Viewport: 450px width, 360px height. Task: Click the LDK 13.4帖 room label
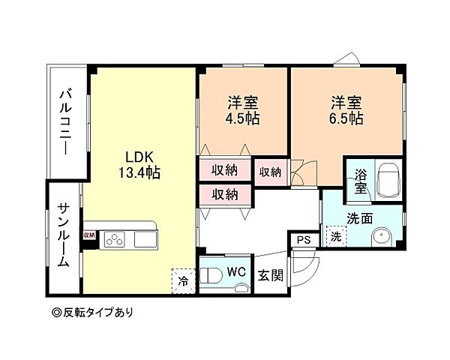[x=141, y=164]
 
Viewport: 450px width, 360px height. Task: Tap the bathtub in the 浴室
[x=388, y=181]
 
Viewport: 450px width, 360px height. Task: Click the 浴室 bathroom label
[x=361, y=182]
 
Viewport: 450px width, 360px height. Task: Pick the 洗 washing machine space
[x=336, y=237]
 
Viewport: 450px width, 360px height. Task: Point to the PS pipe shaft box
[x=303, y=241]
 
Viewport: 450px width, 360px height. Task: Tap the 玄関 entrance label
[x=271, y=275]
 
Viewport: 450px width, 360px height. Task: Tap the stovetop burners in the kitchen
[x=116, y=240]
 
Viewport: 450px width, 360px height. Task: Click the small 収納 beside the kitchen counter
[x=90, y=235]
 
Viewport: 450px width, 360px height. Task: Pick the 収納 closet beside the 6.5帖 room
[x=271, y=172]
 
